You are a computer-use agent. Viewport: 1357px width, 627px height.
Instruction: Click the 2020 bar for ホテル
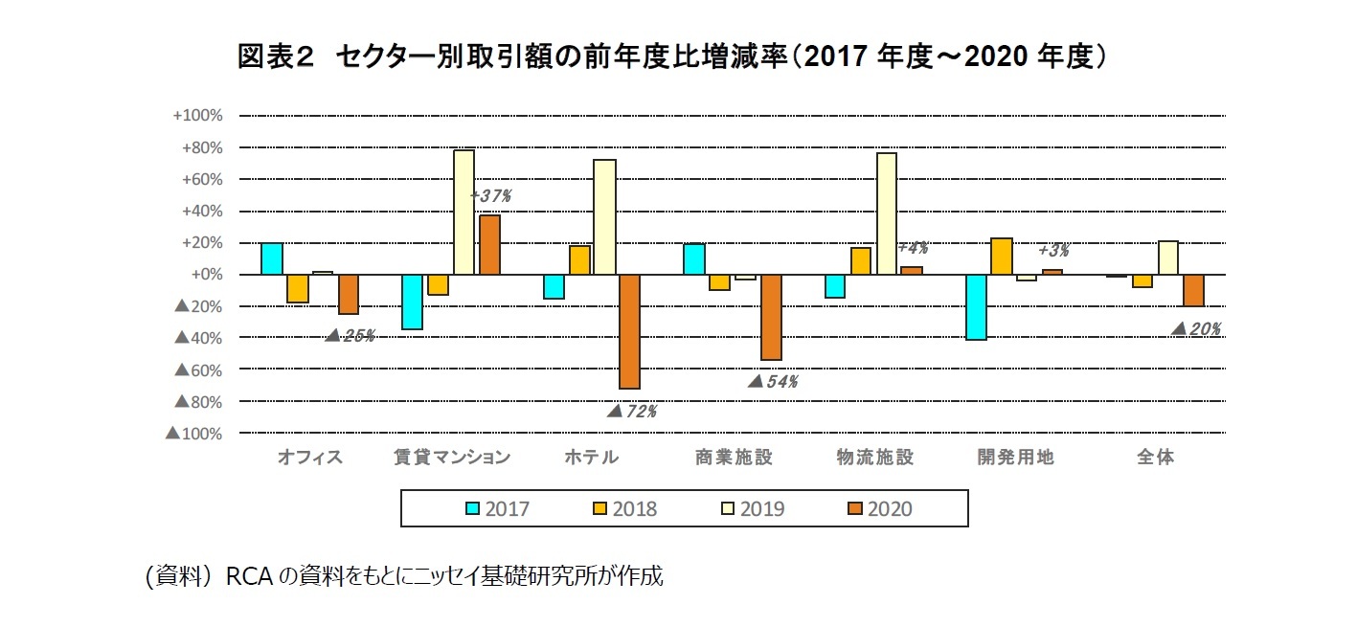tap(629, 331)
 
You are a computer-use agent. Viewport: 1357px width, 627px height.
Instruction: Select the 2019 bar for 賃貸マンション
tap(464, 213)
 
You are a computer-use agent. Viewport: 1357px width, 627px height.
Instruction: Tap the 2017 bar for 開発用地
tap(976, 307)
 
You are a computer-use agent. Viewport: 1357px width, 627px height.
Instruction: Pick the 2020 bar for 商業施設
tap(771, 317)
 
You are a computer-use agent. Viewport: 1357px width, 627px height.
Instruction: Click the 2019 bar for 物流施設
tap(886, 213)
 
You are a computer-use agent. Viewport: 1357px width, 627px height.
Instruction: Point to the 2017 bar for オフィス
tap(272, 258)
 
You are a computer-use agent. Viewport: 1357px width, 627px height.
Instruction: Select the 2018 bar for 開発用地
tap(1002, 256)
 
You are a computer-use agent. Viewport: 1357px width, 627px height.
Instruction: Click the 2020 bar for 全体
tap(1193, 290)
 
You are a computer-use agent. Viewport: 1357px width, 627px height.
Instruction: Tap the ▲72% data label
tap(632, 412)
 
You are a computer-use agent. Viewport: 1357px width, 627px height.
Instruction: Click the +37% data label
tap(491, 195)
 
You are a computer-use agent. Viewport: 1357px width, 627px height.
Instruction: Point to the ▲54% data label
tap(773, 381)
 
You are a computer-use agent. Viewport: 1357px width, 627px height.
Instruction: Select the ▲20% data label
tap(1196, 329)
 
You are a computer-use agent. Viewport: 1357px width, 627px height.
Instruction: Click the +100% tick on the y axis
tap(197, 116)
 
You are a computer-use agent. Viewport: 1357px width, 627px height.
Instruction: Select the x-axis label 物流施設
tap(875, 458)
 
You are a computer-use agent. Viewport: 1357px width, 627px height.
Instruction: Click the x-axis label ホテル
tap(591, 458)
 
